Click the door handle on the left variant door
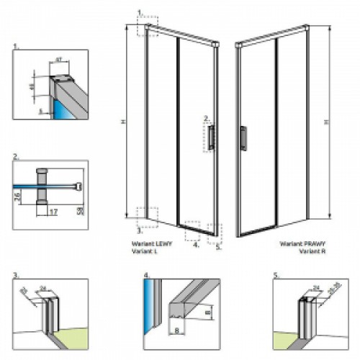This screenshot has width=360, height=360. pyautogui.click(x=210, y=137)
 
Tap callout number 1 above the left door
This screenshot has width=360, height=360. pyautogui.click(x=141, y=13)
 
